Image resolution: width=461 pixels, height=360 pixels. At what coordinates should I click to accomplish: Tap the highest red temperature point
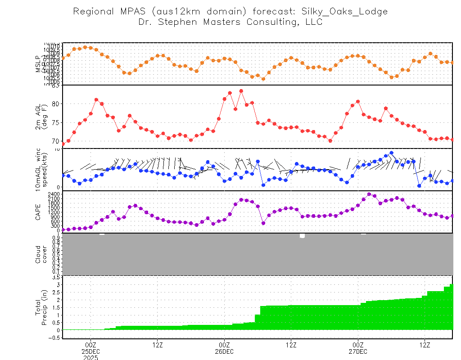click(x=241, y=90)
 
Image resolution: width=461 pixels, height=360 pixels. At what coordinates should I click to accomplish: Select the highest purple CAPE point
click(x=369, y=194)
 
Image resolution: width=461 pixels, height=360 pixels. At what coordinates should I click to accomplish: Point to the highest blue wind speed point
click(x=391, y=153)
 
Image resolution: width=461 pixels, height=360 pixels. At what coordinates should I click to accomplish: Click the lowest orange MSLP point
click(x=263, y=79)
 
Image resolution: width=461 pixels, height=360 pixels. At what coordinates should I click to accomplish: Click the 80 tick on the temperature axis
click(x=56, y=104)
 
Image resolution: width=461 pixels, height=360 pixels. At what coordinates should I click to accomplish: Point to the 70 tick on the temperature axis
click(x=56, y=140)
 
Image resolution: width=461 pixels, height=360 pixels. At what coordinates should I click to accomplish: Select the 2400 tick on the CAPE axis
click(x=53, y=194)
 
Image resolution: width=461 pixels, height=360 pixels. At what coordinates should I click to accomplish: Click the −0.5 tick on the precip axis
click(x=54, y=337)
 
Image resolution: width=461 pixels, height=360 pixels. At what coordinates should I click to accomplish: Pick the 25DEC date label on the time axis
click(x=90, y=351)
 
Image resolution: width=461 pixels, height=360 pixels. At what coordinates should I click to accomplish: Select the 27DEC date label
click(x=358, y=351)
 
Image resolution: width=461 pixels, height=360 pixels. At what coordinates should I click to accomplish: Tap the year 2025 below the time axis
click(x=90, y=357)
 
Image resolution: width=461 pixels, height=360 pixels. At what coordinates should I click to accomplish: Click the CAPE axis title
click(x=39, y=211)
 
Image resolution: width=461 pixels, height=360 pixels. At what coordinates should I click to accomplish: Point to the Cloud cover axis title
click(x=41, y=254)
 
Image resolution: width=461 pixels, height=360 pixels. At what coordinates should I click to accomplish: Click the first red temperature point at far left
click(x=63, y=144)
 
